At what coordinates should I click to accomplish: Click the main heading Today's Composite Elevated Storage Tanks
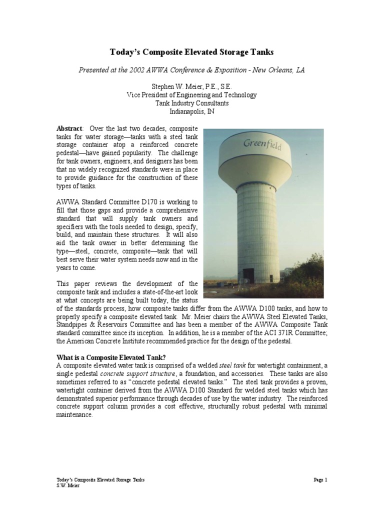(191, 51)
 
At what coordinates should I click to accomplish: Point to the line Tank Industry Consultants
(191, 103)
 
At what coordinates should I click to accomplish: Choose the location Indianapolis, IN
(191, 111)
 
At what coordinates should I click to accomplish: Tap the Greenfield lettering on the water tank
(263, 144)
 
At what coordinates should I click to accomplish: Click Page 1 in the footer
(319, 479)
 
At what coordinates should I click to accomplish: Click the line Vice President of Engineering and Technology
(191, 95)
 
